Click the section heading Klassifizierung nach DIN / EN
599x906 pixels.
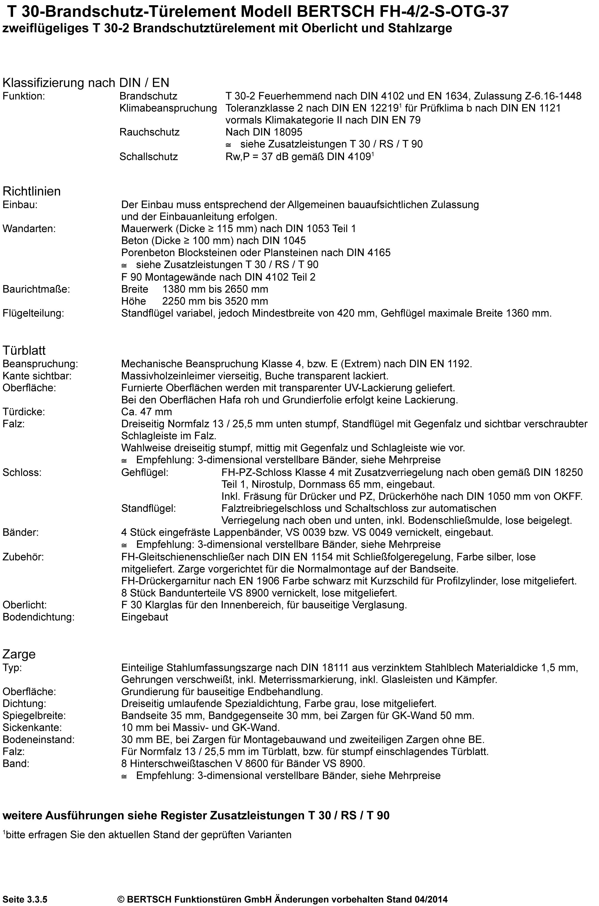pyautogui.click(x=86, y=83)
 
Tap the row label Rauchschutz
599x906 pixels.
pyautogui.click(x=149, y=132)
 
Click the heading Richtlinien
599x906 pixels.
pyautogui.click(x=32, y=191)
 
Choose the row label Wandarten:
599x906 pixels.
pyautogui.click(x=29, y=229)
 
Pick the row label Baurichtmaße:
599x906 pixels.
pyautogui.click(x=36, y=289)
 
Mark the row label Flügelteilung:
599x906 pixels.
pyautogui.click(x=33, y=314)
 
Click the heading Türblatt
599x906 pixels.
pyautogui.click(x=24, y=350)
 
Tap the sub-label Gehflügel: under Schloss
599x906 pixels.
pyautogui.click(x=145, y=472)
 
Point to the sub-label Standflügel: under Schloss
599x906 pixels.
pyautogui.click(x=148, y=508)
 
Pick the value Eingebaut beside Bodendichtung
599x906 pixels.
pyautogui.click(x=145, y=617)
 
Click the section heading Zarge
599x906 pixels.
pyautogui.click(x=19, y=654)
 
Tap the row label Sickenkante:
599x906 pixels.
pyautogui.click(x=32, y=727)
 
